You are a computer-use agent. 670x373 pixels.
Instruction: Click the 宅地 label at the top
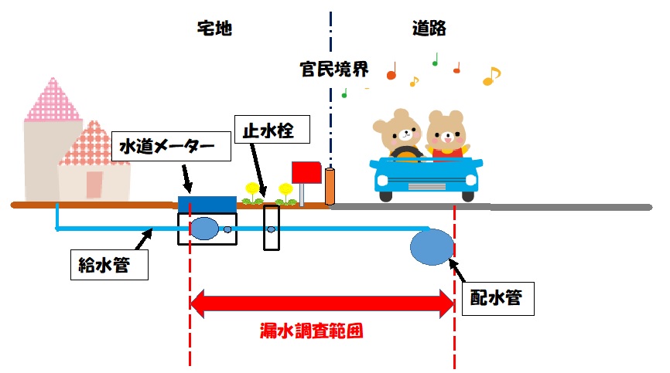click(214, 29)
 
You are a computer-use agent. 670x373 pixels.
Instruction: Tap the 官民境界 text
click(334, 70)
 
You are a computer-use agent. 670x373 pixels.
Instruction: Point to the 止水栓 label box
click(272, 129)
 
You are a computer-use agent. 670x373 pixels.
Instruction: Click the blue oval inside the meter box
click(204, 229)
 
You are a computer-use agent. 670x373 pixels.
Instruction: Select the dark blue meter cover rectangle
click(207, 204)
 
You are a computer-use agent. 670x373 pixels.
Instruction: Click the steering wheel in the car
click(404, 151)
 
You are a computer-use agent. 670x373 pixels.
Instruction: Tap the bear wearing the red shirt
click(447, 137)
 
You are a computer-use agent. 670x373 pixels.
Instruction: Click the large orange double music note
click(491, 76)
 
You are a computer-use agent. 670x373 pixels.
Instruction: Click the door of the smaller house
click(94, 185)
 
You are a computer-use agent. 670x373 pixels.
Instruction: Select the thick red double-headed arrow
click(321, 302)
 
